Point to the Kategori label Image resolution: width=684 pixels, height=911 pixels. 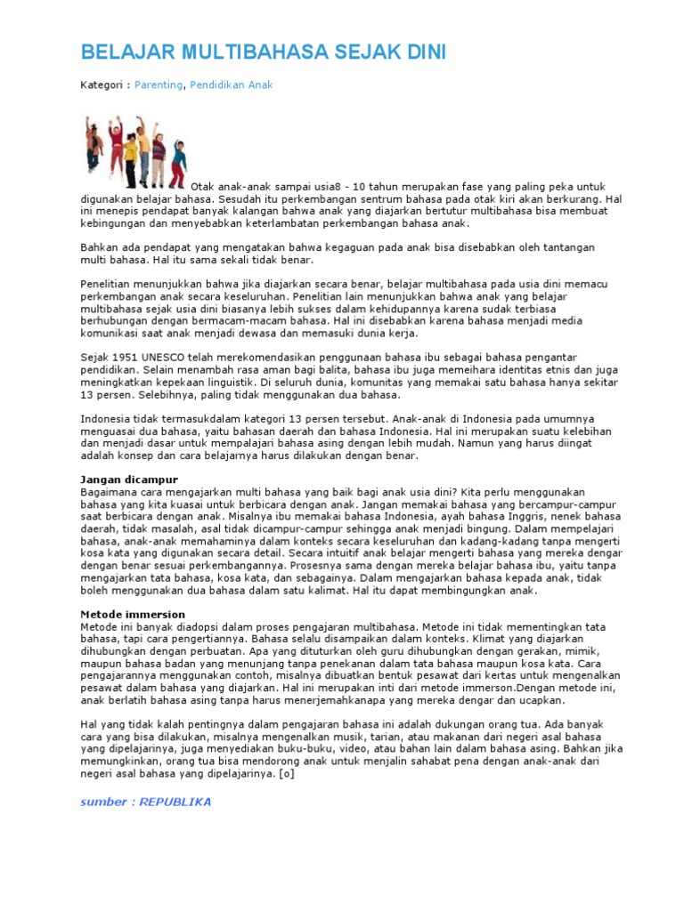[103, 85]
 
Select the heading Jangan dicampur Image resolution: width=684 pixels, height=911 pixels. [129, 480]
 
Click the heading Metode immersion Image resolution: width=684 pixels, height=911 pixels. [133, 615]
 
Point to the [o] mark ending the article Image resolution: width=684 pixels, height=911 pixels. [286, 774]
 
